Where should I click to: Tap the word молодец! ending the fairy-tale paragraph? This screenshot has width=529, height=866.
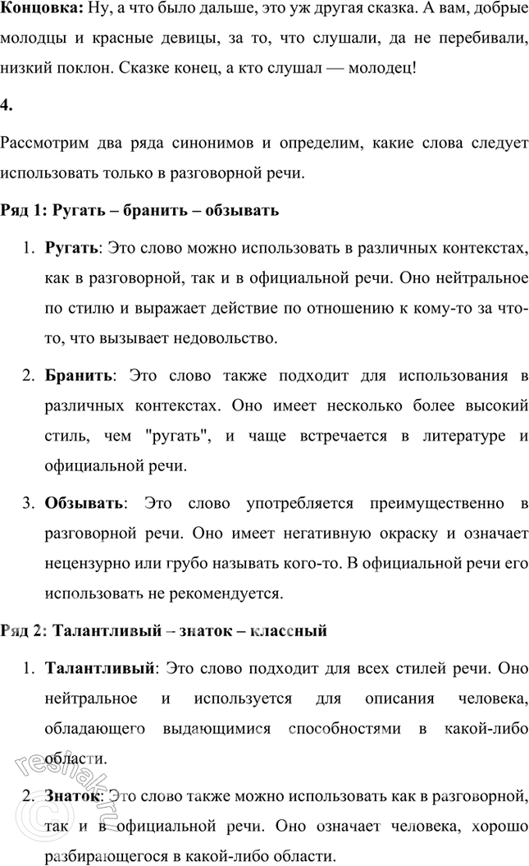tap(383, 67)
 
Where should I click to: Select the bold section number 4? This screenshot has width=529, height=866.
tap(7, 104)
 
